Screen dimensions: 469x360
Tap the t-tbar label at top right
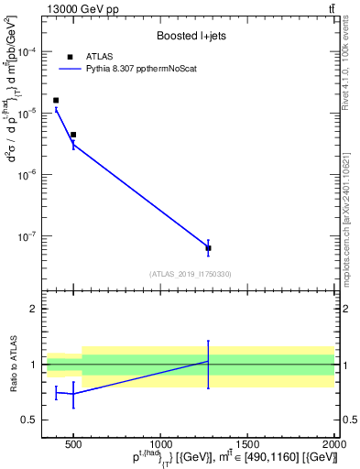point(331,8)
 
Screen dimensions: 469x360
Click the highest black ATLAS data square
point(56,100)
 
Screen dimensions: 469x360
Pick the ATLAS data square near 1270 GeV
point(208,248)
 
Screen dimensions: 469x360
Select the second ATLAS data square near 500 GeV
point(73,135)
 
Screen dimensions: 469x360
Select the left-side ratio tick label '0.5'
point(30,420)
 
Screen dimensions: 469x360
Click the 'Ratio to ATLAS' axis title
point(14,365)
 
